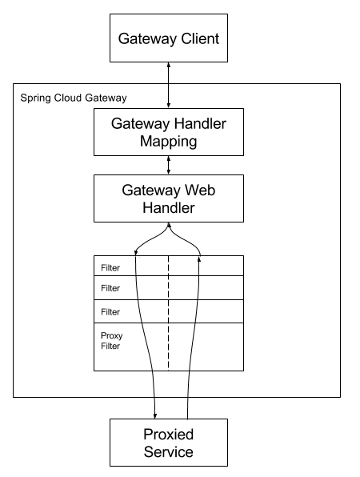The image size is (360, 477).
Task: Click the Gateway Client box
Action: [x=168, y=38]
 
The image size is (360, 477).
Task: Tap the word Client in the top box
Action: [x=197, y=38]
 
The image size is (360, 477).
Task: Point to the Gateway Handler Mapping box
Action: [x=168, y=131]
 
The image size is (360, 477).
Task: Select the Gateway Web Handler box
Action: [x=168, y=198]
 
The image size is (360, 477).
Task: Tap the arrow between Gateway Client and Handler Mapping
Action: [x=168, y=84]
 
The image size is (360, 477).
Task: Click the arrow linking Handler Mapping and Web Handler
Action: [x=168, y=165]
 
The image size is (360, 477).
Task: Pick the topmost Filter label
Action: [x=110, y=267]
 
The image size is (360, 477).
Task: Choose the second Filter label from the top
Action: [x=110, y=288]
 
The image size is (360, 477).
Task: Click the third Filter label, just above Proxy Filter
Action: [x=110, y=312]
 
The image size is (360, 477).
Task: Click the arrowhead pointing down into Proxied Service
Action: [x=154, y=414]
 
